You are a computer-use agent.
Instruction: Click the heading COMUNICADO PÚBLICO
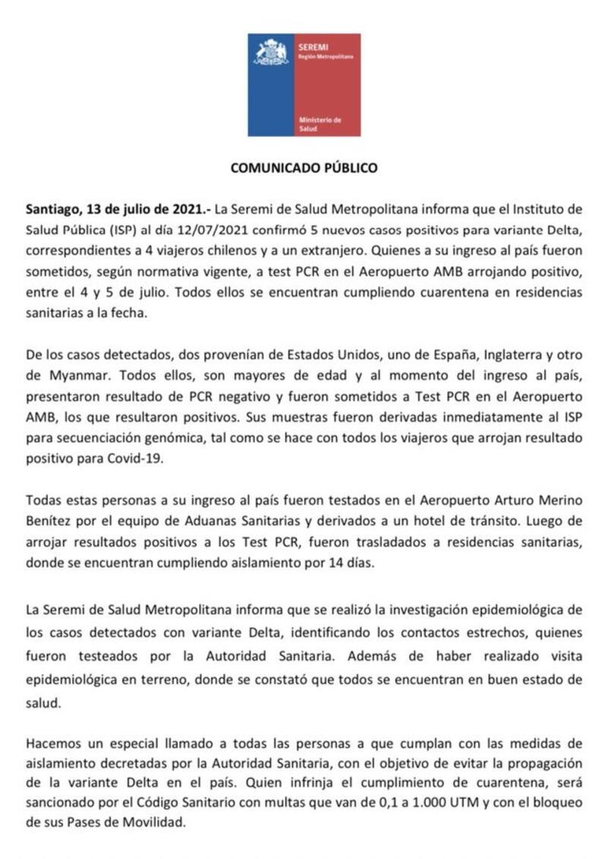click(303, 168)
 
